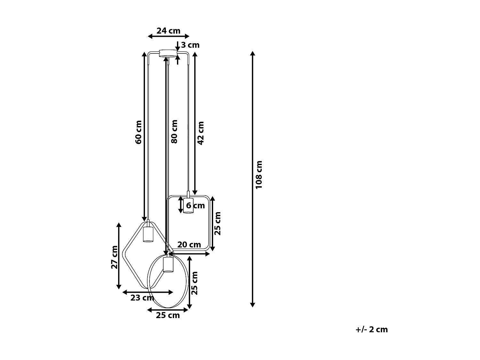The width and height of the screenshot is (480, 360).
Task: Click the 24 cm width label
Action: pyautogui.click(x=168, y=31)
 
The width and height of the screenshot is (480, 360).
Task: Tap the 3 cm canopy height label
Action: pyautogui.click(x=190, y=45)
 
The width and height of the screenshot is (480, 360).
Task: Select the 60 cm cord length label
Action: pyautogui.click(x=138, y=132)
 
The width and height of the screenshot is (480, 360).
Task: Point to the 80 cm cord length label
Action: pyautogui.click(x=174, y=132)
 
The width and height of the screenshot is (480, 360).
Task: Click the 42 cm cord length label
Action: pyautogui.click(x=201, y=133)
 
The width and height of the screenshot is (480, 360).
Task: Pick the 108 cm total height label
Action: pyautogui.click(x=259, y=174)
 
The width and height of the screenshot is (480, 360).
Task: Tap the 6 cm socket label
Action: pyautogui.click(x=195, y=205)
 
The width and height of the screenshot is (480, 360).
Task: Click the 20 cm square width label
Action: pyautogui.click(x=189, y=245)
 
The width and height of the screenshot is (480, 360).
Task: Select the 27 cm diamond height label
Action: pyautogui.click(x=114, y=257)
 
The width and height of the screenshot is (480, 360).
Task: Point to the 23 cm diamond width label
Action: pyautogui.click(x=142, y=298)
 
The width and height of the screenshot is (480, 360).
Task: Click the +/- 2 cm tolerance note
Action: pyautogui.click(x=372, y=329)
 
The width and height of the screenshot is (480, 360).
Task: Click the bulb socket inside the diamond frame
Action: pyautogui.click(x=148, y=234)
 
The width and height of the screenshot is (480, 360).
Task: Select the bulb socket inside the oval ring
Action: pyautogui.click(x=168, y=264)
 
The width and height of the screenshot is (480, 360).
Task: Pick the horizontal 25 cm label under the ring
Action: pyautogui.click(x=168, y=316)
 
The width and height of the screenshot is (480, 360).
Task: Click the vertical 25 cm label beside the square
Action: pyautogui.click(x=218, y=223)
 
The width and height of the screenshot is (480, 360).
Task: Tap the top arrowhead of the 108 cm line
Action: pyautogui.click(x=252, y=53)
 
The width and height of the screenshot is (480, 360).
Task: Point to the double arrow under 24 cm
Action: pyautogui.click(x=169, y=36)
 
